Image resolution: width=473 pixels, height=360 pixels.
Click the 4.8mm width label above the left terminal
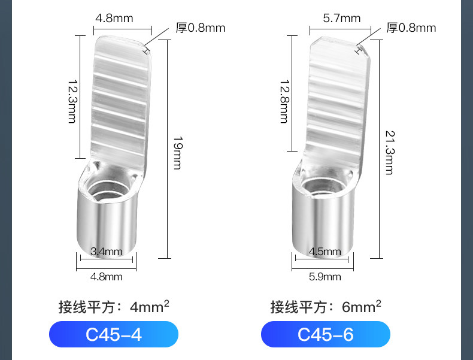click(114, 19)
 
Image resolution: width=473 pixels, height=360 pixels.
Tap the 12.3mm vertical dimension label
click(72, 101)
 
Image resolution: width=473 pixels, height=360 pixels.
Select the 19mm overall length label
click(178, 153)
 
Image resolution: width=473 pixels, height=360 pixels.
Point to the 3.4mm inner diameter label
click(107, 252)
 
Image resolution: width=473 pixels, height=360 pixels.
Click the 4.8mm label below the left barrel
click(107, 277)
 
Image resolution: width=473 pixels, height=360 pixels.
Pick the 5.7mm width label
click(342, 19)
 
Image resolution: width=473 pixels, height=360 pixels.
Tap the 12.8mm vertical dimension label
click(285, 101)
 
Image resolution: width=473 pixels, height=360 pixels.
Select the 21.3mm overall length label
click(390, 152)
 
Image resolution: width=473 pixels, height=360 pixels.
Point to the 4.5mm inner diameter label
click(325, 252)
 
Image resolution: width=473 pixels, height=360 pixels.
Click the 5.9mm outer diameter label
click(325, 277)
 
